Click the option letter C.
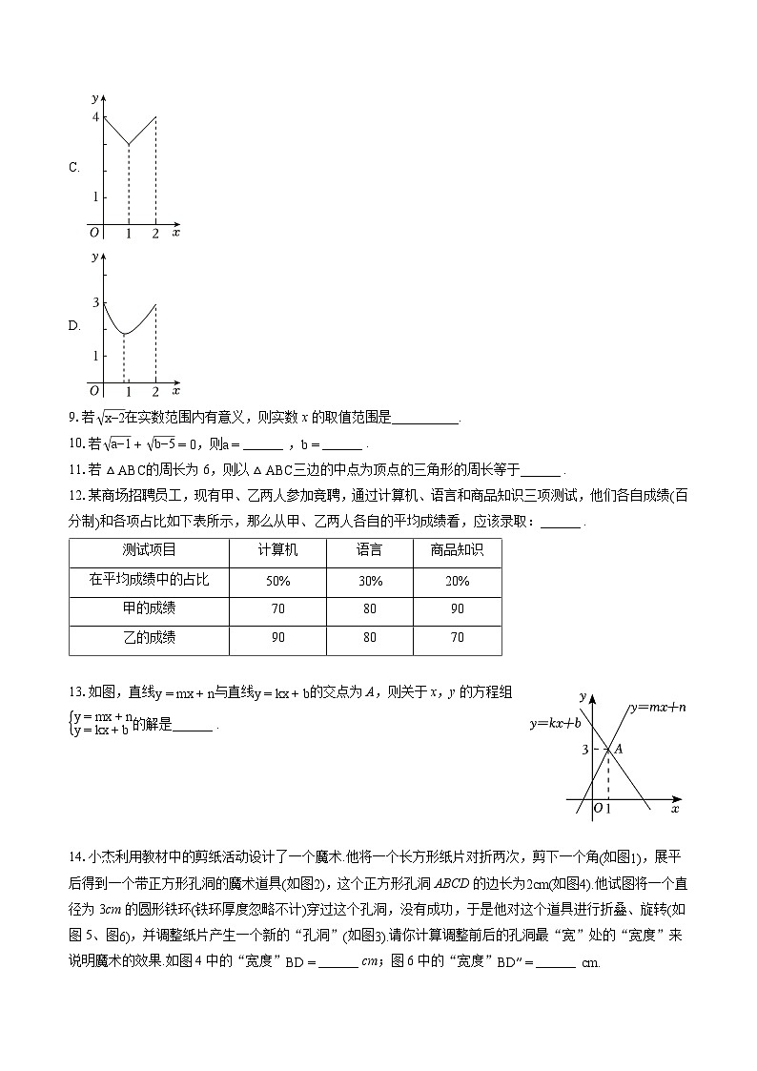pyautogui.click(x=73, y=168)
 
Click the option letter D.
pyautogui.click(x=73, y=326)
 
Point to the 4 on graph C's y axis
pyautogui.click(x=94, y=116)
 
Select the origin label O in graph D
pyautogui.click(x=94, y=390)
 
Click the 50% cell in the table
pyautogui.click(x=277, y=582)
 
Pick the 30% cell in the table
pyautogui.click(x=370, y=582)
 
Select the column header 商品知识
pyautogui.click(x=457, y=550)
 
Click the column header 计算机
pyautogui.click(x=277, y=550)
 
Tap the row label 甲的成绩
pyautogui.click(x=149, y=608)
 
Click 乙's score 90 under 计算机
pyautogui.click(x=277, y=638)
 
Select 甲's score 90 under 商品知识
pyautogui.click(x=457, y=609)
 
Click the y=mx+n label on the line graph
pyautogui.click(x=659, y=708)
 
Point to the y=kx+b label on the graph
pyautogui.click(x=556, y=724)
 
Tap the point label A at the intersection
pyautogui.click(x=619, y=750)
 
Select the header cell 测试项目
pyautogui.click(x=149, y=550)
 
